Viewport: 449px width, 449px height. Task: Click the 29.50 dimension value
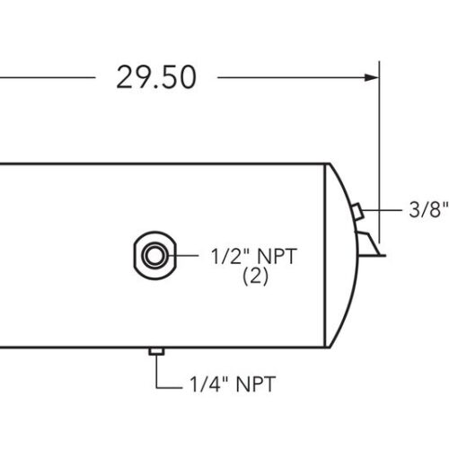(155, 77)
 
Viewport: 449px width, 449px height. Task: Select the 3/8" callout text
(428, 213)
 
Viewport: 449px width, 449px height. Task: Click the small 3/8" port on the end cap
(356, 212)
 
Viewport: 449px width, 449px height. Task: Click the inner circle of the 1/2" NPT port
(153, 254)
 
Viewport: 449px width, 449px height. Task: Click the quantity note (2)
(256, 277)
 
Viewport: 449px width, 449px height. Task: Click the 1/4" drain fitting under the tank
(155, 351)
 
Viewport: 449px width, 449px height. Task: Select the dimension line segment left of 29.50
(45, 78)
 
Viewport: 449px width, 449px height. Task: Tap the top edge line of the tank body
(162, 163)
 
